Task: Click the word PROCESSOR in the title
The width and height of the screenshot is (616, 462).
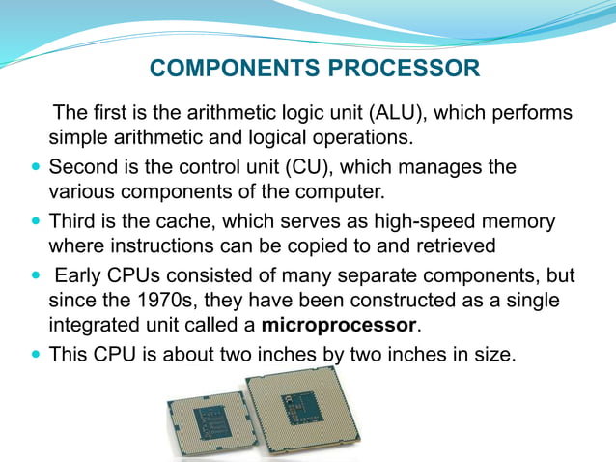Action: tap(405, 70)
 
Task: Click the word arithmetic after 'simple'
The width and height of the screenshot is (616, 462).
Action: tap(160, 136)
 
